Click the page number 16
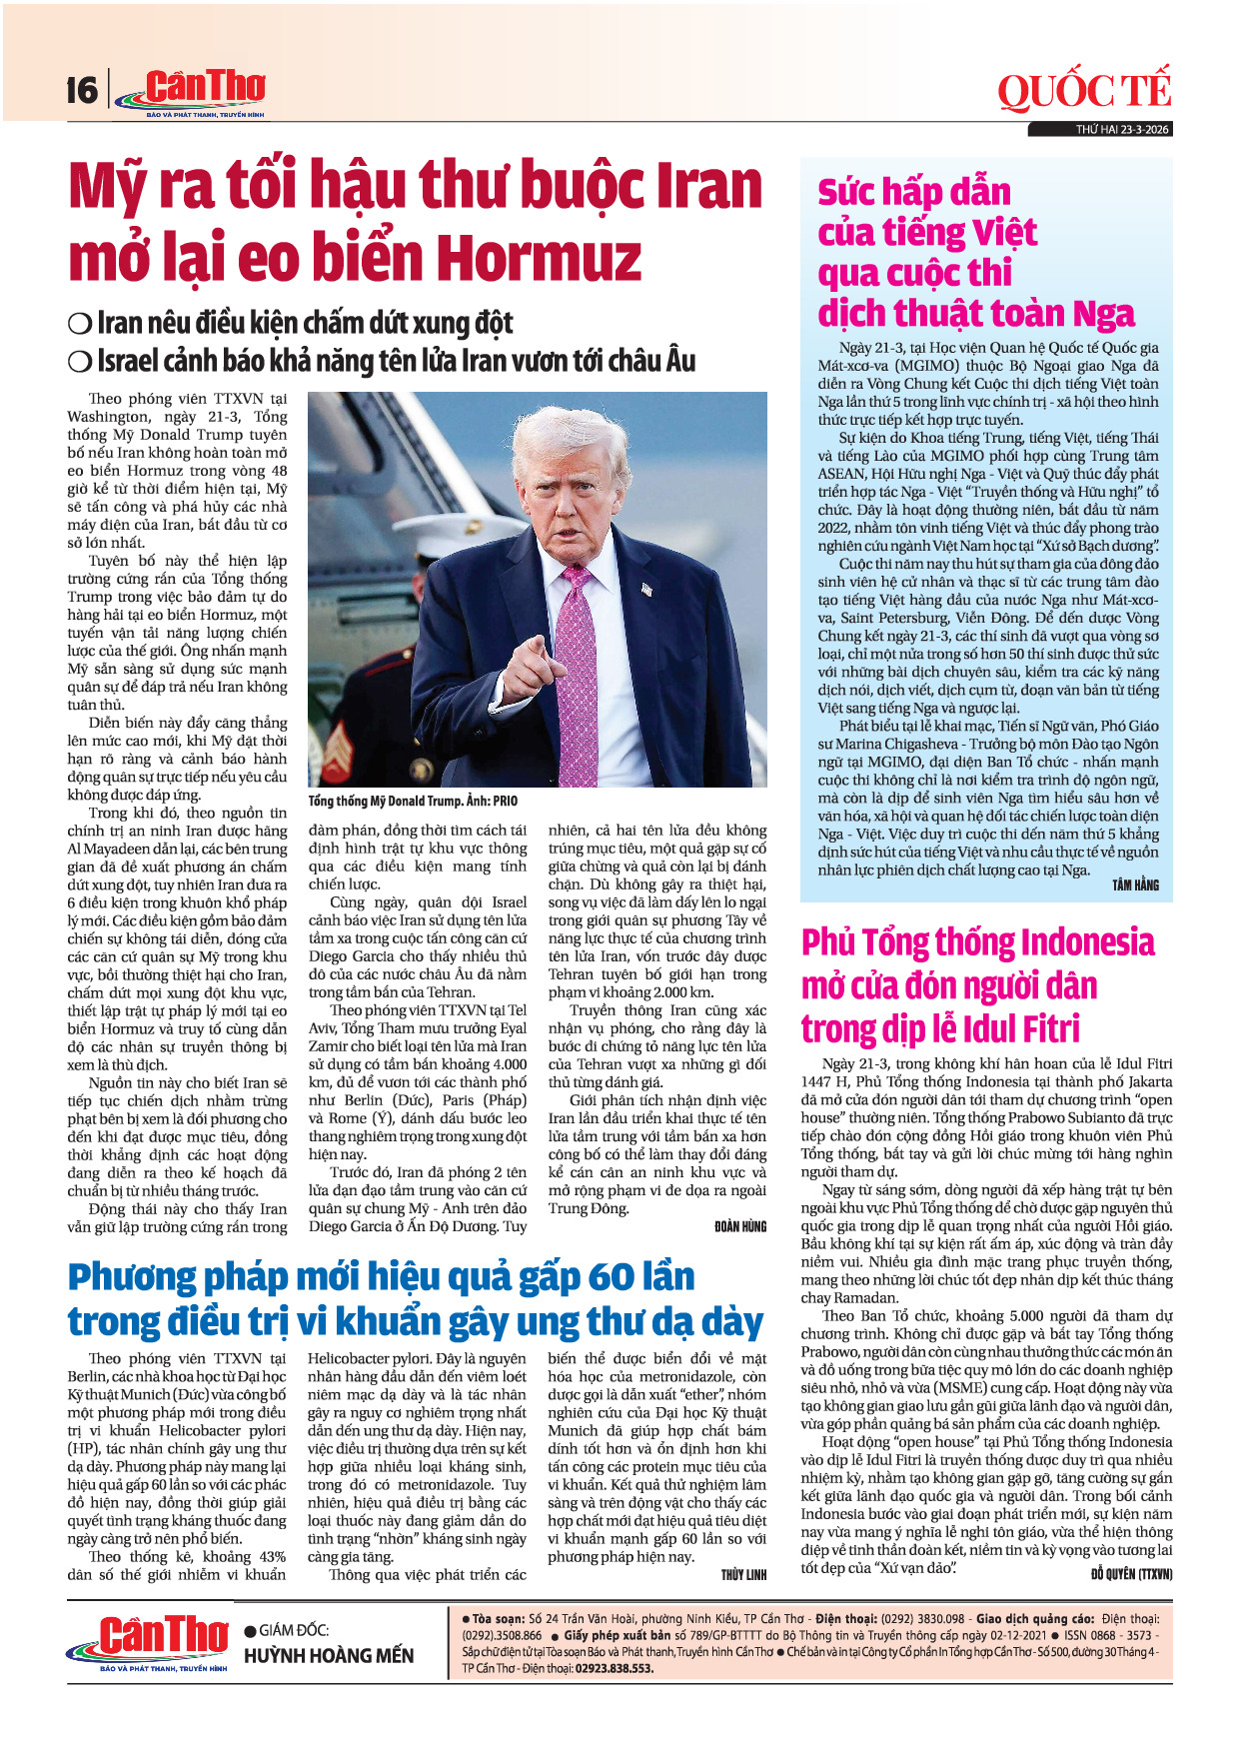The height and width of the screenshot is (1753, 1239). [x=82, y=91]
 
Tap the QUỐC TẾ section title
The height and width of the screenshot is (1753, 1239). [x=1083, y=92]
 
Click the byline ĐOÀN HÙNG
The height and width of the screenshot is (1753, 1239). [x=739, y=1226]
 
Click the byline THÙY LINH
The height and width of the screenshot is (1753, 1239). [x=743, y=1575]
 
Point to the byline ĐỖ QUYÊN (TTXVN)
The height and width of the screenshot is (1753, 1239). [x=1131, y=1573]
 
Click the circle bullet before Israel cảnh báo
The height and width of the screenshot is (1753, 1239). [x=79, y=361]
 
